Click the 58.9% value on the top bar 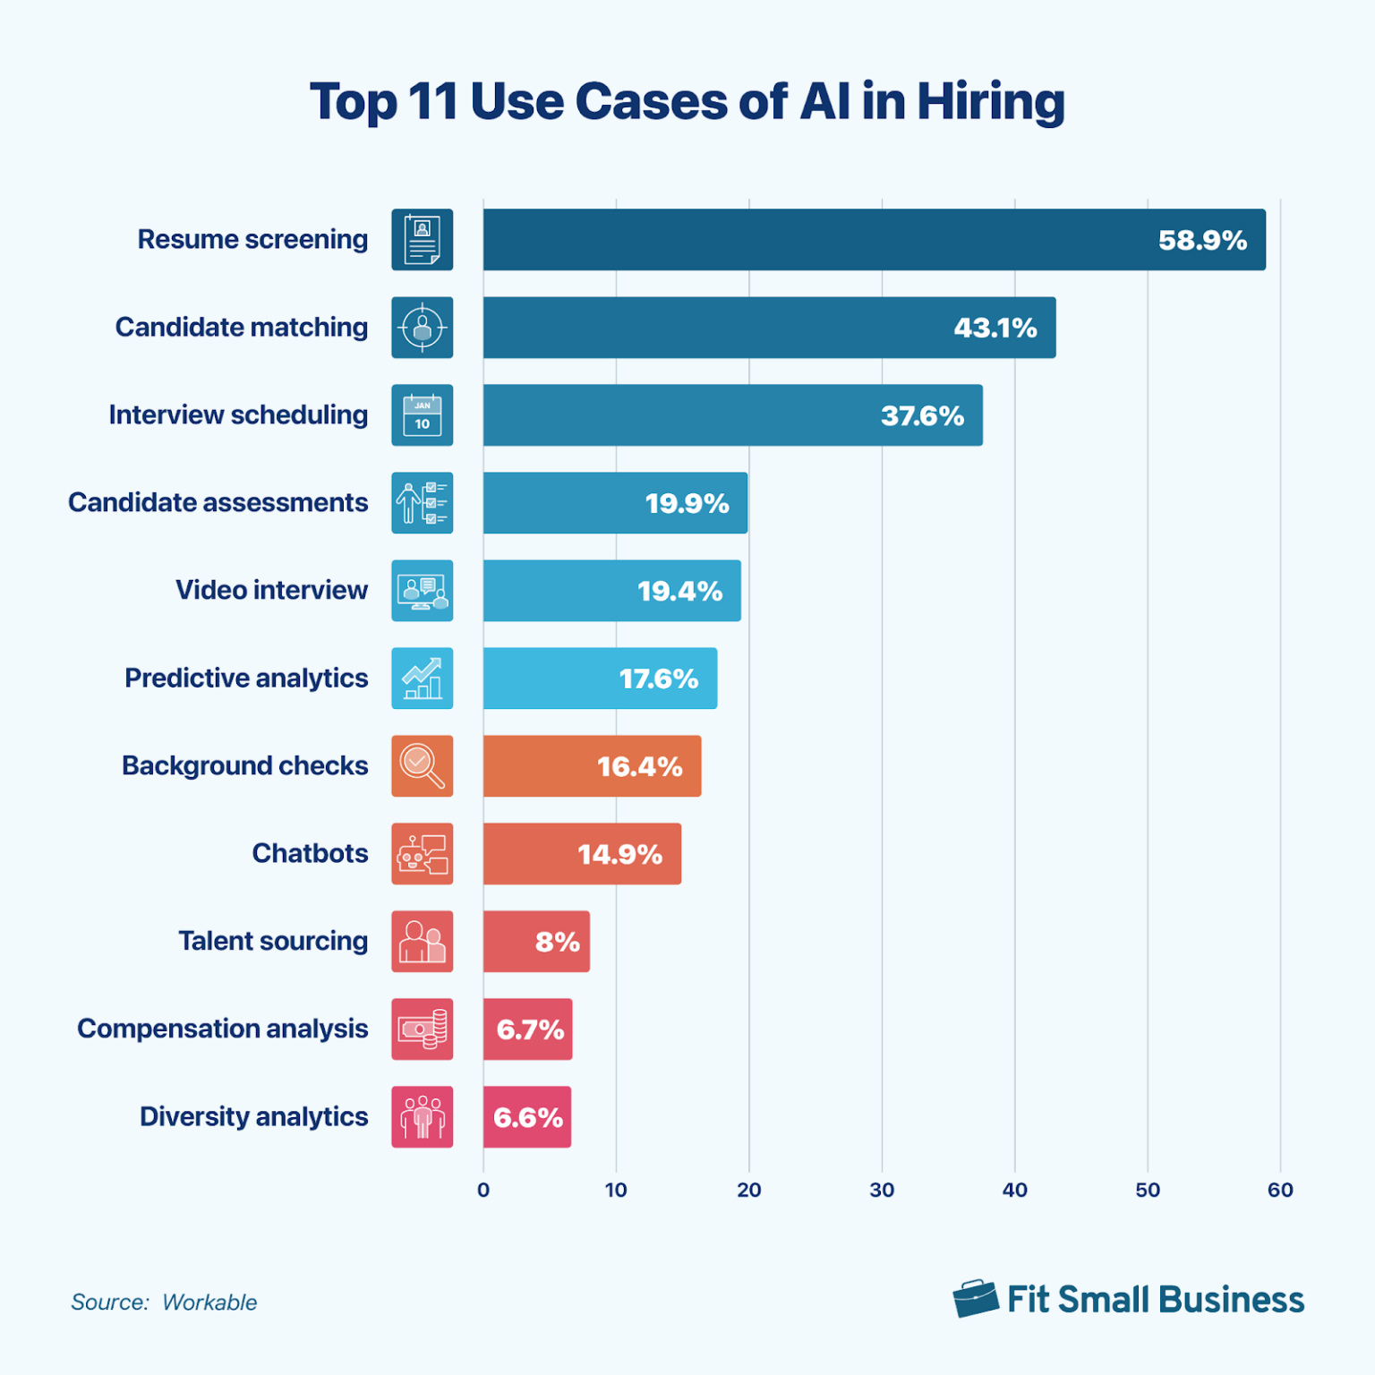point(1201,240)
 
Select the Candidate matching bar point(768,328)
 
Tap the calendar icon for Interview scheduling point(422,415)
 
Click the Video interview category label point(271,590)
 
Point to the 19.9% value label point(687,503)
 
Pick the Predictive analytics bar point(600,679)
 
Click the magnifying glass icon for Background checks point(422,766)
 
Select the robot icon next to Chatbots point(422,854)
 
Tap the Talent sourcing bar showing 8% point(535,942)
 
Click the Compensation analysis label point(222,1029)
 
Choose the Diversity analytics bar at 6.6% point(526,1117)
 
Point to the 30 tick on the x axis point(882,1190)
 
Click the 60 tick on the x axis point(1280,1190)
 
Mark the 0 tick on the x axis point(483,1190)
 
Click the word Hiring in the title point(990,102)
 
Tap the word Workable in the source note point(209,1302)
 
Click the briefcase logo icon point(975,1298)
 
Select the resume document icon point(422,240)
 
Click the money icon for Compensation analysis point(422,1029)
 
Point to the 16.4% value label point(639,766)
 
